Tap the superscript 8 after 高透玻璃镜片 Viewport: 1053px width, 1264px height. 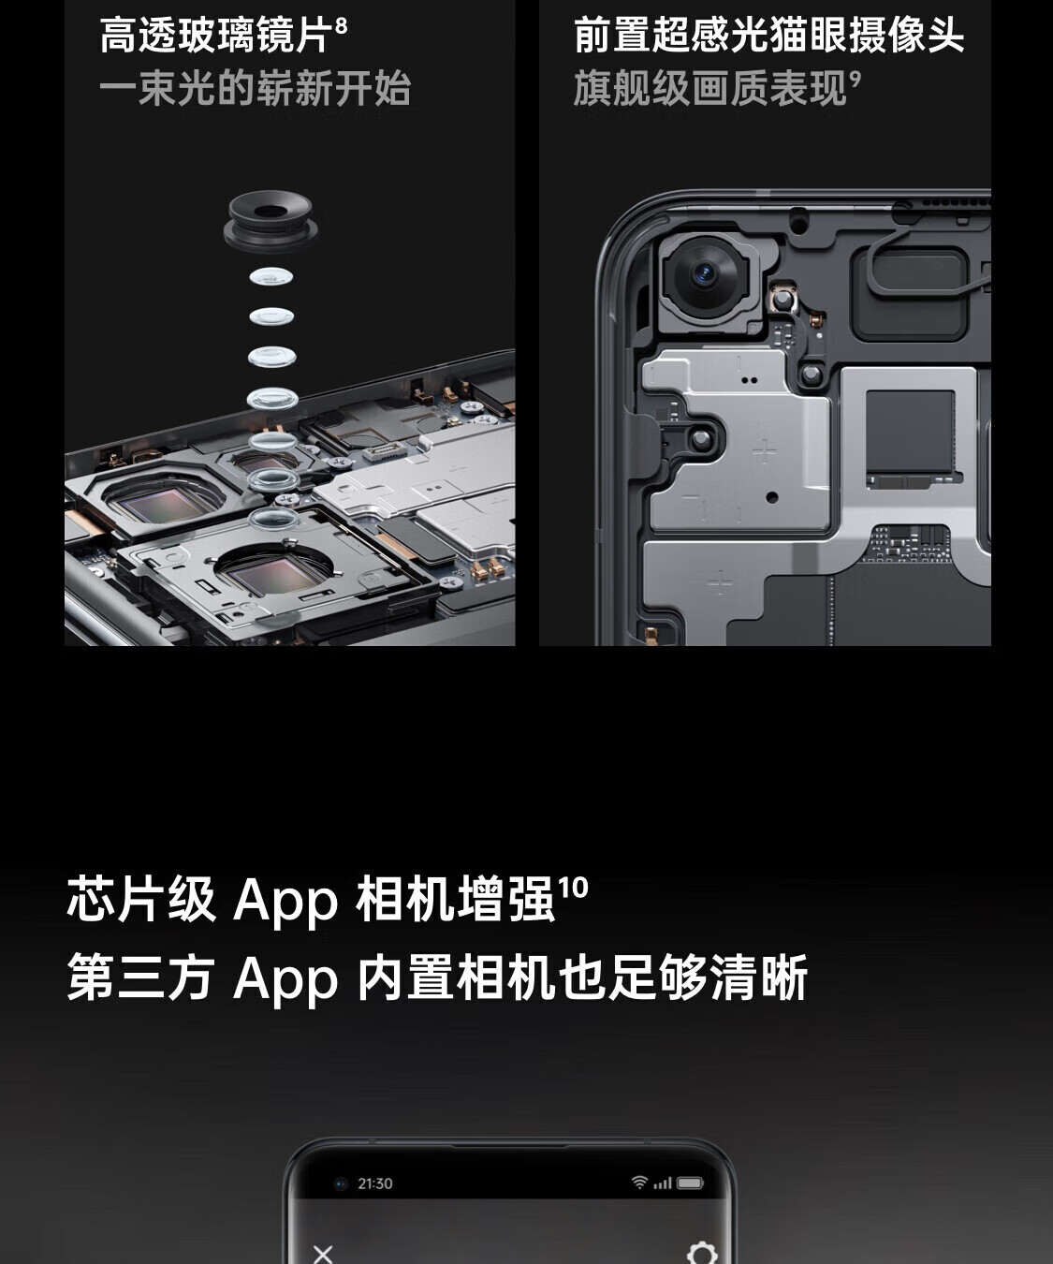[342, 25]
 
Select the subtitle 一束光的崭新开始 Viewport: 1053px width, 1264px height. [256, 88]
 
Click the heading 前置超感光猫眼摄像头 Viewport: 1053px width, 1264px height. [768, 36]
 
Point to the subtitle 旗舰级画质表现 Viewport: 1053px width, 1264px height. [709, 88]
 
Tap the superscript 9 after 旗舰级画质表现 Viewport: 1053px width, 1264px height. [855, 79]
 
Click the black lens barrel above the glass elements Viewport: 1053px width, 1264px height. [271, 220]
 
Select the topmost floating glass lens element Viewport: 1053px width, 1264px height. [271, 277]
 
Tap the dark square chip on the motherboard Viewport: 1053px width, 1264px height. [910, 431]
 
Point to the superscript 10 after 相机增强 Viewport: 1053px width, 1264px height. [573, 888]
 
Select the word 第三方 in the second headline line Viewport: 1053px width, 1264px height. [140, 977]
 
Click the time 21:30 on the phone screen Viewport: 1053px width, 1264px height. [375, 1183]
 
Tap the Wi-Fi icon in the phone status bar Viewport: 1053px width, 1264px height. [639, 1182]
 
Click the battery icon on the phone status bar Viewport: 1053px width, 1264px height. [690, 1183]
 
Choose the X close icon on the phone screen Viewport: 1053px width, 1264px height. [323, 1252]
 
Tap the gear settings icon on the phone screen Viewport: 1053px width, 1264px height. [703, 1252]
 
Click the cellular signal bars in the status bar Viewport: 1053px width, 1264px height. [663, 1183]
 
